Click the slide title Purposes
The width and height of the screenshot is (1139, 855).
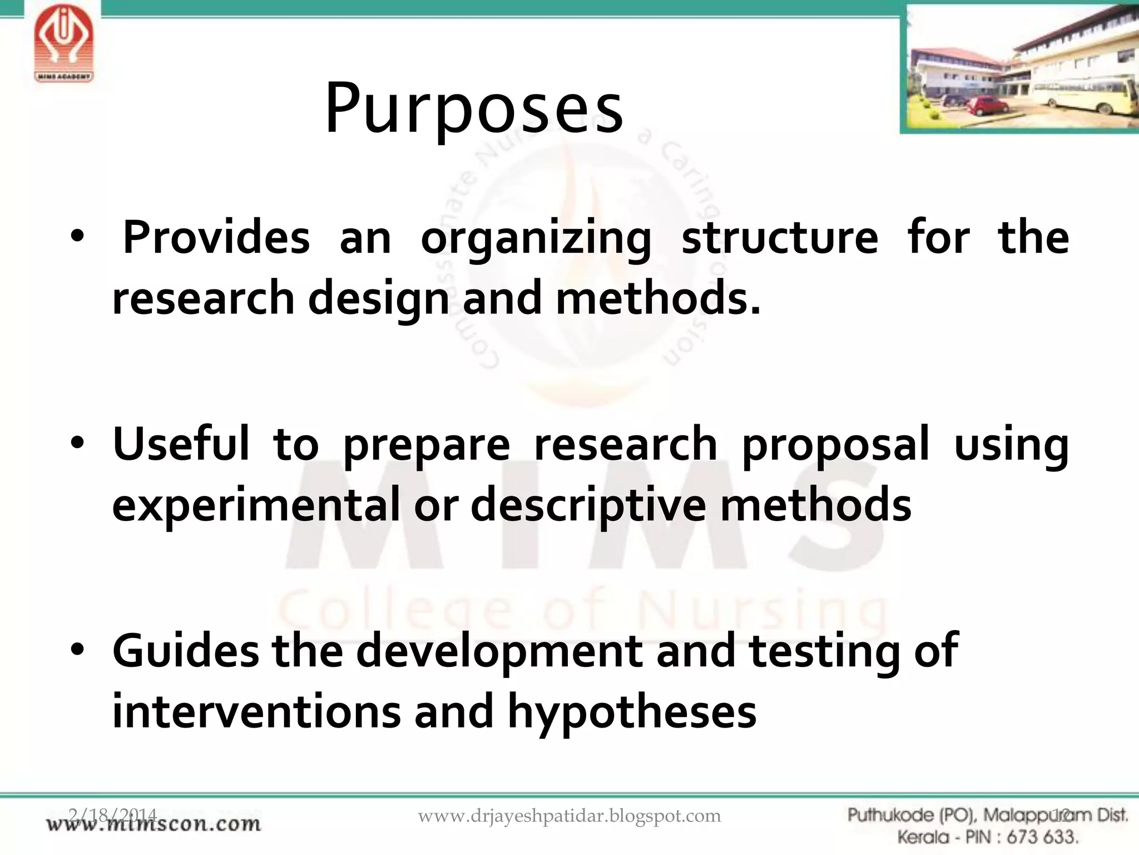click(474, 108)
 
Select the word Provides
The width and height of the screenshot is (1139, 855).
click(216, 238)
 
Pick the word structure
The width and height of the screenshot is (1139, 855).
click(780, 238)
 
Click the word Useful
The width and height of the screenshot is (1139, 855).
click(181, 444)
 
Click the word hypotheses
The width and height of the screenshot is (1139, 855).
click(632, 712)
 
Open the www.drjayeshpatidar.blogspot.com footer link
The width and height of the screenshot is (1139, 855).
click(569, 816)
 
